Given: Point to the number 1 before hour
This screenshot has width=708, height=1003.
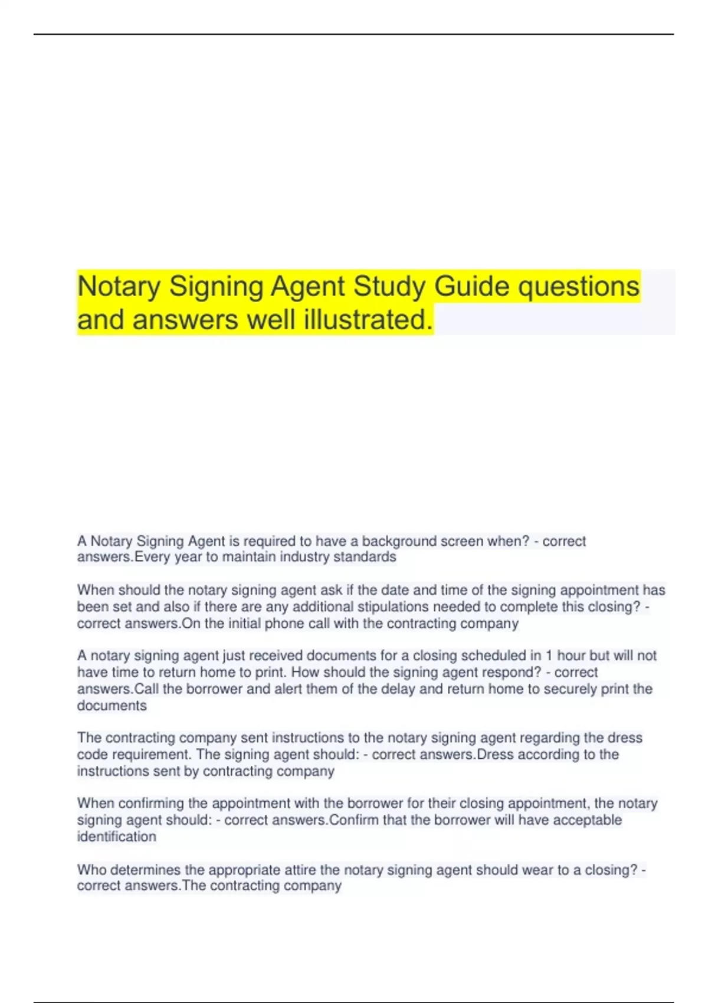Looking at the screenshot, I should point(549,655).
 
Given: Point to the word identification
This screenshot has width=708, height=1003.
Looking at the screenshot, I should point(117,837).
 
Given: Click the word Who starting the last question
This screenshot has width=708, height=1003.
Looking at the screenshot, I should point(91,870).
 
